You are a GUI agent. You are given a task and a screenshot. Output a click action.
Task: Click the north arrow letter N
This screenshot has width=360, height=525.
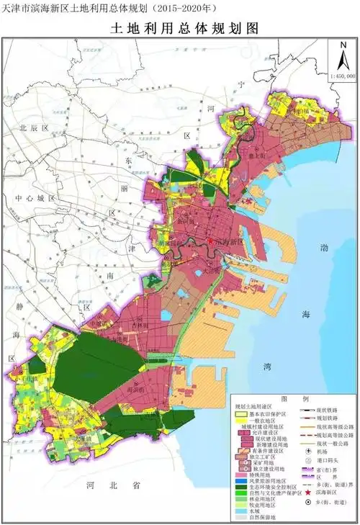(342, 45)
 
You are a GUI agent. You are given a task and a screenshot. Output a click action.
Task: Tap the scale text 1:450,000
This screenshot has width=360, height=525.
(341, 74)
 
